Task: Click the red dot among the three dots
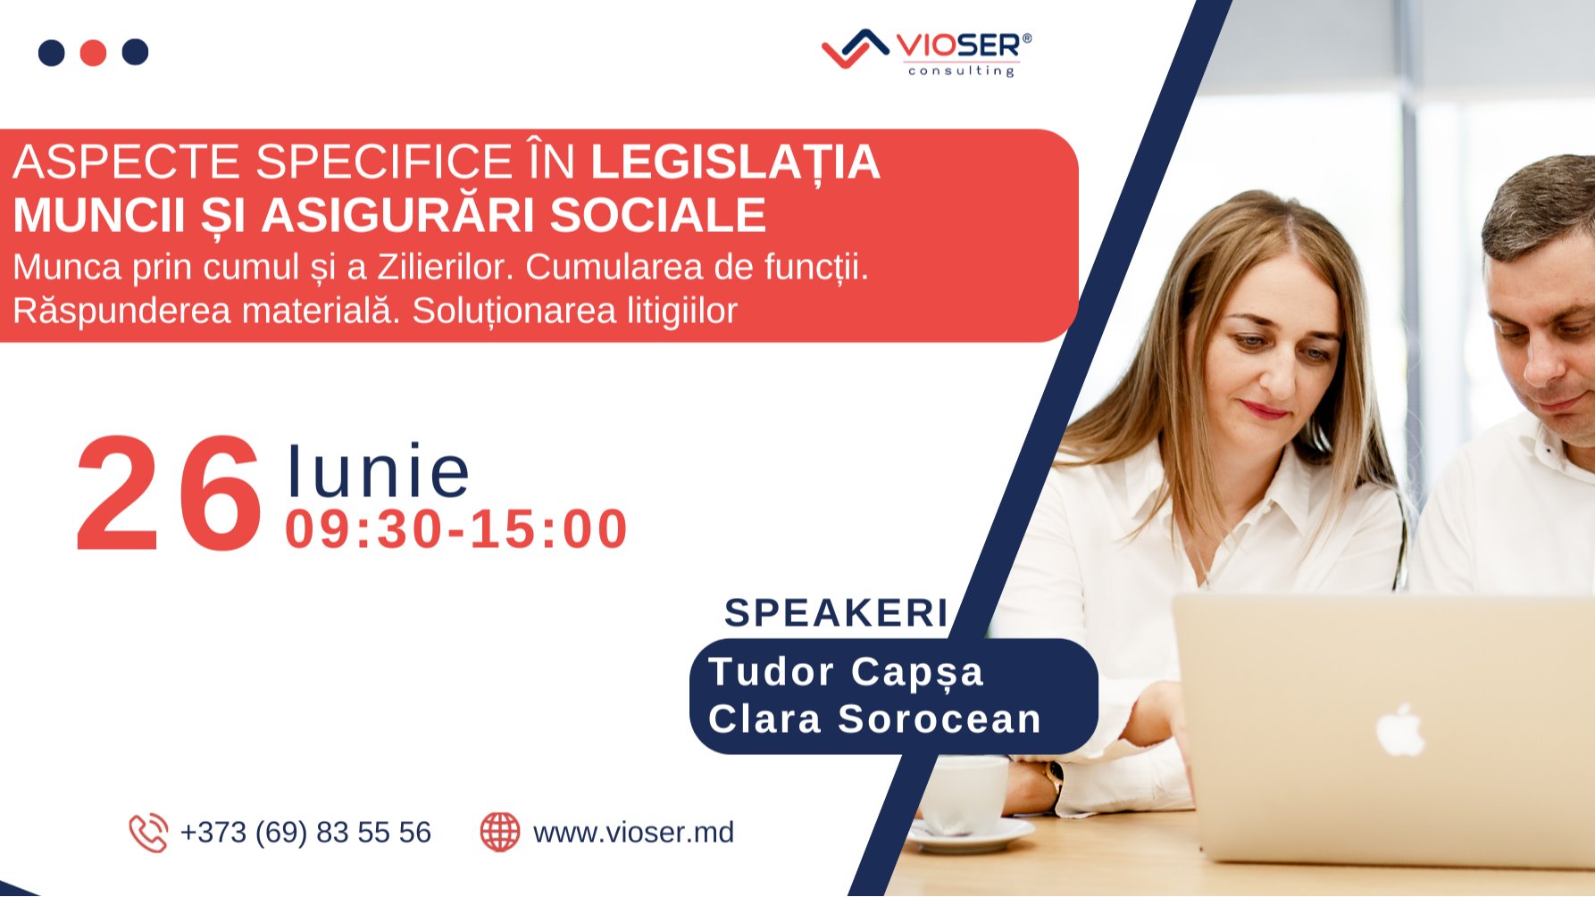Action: (93, 53)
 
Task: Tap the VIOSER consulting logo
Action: (927, 53)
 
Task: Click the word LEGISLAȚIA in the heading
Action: (735, 162)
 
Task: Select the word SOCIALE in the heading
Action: (657, 215)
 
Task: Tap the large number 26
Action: (169, 495)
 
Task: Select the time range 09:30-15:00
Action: (456, 528)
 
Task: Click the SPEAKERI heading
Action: (836, 613)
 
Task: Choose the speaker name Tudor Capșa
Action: (846, 672)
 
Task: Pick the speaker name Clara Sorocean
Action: (874, 719)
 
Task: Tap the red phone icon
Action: (148, 833)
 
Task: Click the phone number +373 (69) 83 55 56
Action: (305, 833)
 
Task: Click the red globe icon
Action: (500, 832)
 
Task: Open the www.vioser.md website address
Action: (633, 833)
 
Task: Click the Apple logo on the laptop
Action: (1399, 729)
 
